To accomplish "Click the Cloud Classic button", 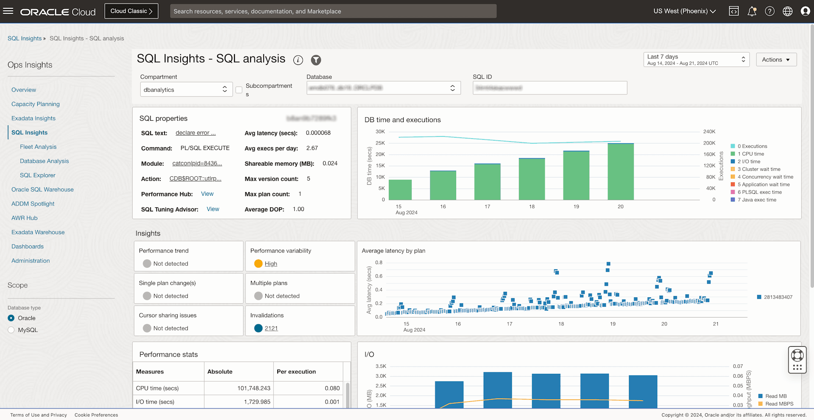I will click(x=131, y=11).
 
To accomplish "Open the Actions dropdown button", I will click(x=776, y=60).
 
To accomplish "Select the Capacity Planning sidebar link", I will click(x=36, y=104).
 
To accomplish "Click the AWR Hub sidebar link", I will click(x=25, y=218).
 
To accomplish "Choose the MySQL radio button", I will click(x=11, y=330).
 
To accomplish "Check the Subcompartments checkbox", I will click(x=239, y=90).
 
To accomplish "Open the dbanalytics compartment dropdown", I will click(x=186, y=89).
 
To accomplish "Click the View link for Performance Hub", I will click(x=207, y=194).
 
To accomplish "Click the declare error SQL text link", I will click(x=195, y=133).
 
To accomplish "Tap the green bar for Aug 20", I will click(x=620, y=172).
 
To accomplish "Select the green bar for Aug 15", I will click(x=400, y=189).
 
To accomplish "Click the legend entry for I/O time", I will click(x=749, y=161).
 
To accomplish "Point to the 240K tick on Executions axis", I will click(x=709, y=131).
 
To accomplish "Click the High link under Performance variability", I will click(x=271, y=264).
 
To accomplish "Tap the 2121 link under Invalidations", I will click(x=271, y=328).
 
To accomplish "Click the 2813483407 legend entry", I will click(x=778, y=297).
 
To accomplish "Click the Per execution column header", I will click(x=296, y=372).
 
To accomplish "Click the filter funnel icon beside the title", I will click(x=316, y=60).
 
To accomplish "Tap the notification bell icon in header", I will click(x=752, y=11).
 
